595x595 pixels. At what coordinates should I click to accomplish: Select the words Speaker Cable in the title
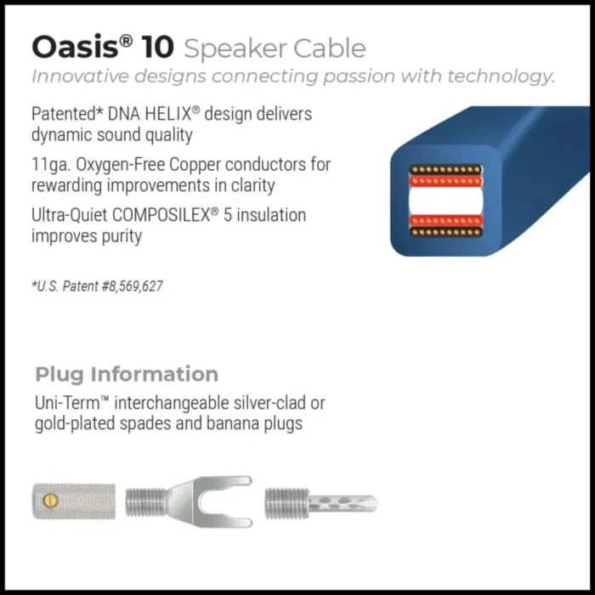coord(275,48)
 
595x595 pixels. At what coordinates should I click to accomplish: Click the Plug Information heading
coord(127,374)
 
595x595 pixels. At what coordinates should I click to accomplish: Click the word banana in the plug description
coord(224,422)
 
